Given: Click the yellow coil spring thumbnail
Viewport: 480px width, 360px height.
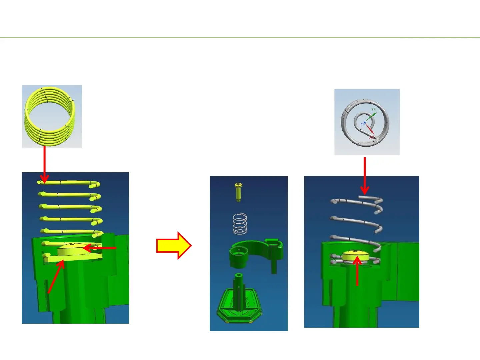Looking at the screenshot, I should click(x=52, y=116).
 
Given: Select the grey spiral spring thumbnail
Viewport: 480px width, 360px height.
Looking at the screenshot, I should click(x=367, y=122).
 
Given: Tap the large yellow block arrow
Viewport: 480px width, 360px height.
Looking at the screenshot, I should click(x=174, y=246).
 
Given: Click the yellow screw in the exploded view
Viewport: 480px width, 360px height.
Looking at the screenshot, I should click(x=238, y=191).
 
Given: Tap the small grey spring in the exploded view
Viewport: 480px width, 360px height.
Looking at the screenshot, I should click(x=240, y=224).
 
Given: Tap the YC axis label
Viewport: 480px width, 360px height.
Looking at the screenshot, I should click(x=374, y=109).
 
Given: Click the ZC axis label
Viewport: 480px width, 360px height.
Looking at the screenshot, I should click(x=362, y=124).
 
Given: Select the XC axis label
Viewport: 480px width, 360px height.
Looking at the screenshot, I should click(x=371, y=137).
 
